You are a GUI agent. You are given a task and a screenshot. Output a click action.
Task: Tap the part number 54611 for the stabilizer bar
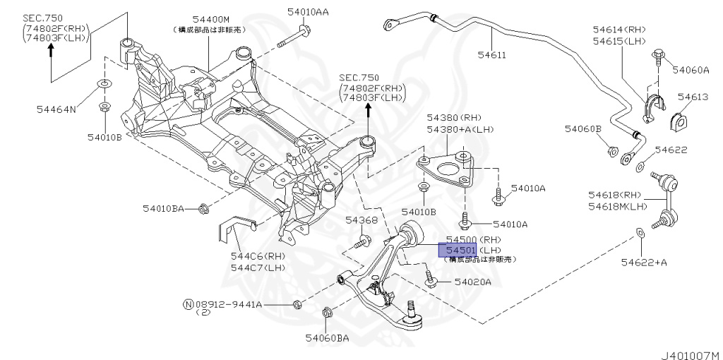(493, 54)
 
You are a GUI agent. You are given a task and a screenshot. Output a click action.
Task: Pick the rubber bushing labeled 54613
(679, 119)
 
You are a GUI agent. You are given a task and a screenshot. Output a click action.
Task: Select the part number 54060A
(690, 69)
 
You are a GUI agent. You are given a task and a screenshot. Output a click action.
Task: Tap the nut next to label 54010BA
(203, 208)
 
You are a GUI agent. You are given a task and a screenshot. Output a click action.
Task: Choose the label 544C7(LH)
(258, 268)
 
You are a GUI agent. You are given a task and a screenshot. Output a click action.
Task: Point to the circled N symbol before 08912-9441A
(189, 304)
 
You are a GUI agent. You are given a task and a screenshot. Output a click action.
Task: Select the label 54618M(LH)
(618, 206)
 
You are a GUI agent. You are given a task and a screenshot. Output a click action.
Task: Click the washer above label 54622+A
(640, 231)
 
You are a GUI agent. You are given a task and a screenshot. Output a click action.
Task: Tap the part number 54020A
(472, 282)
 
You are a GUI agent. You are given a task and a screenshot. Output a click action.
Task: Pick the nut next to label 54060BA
(328, 313)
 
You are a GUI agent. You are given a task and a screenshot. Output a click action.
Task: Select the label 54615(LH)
(620, 42)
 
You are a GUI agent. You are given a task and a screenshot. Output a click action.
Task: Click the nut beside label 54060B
(613, 150)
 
